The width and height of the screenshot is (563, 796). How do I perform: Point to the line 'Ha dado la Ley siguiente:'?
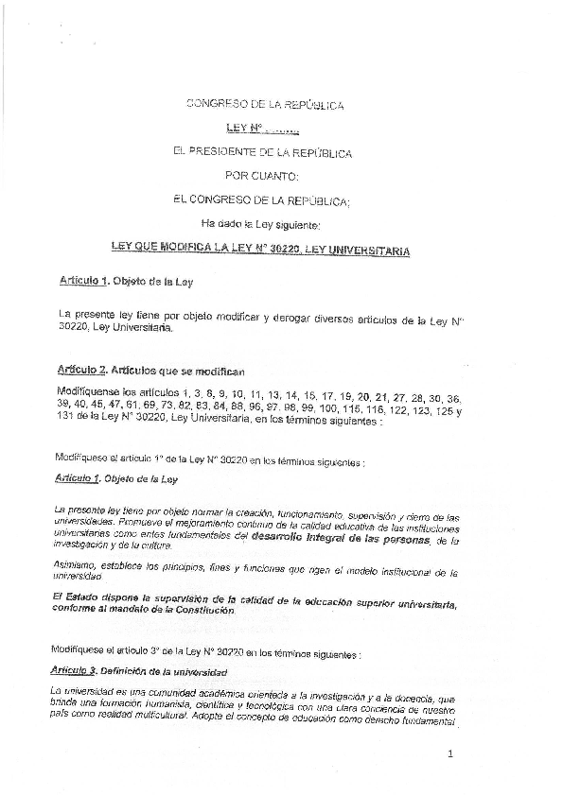point(262,225)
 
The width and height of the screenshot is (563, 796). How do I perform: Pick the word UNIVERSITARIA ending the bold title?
point(364,251)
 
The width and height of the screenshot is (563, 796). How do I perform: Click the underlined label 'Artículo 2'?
point(82,372)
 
